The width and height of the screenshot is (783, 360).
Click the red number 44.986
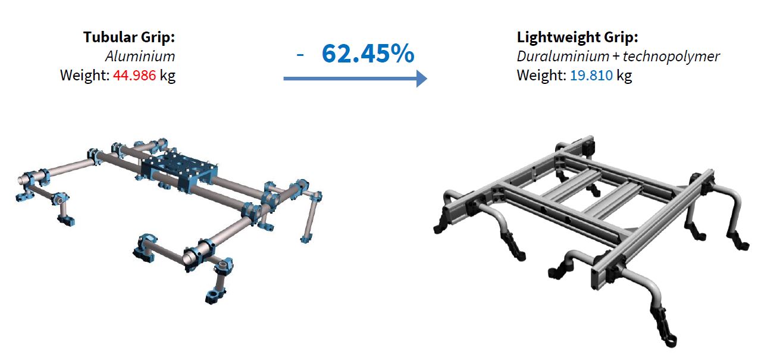pos(134,76)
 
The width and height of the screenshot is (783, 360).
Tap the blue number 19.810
pos(591,76)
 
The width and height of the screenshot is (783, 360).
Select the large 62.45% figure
pos(368,54)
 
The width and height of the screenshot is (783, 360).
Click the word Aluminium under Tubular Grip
pos(140,57)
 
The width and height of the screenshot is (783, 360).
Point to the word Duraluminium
pos(563,57)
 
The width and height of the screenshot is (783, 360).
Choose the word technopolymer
pos(671,57)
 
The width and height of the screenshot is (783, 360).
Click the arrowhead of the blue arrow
pos(422,79)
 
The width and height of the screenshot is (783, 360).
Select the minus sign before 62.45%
pos(300,55)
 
